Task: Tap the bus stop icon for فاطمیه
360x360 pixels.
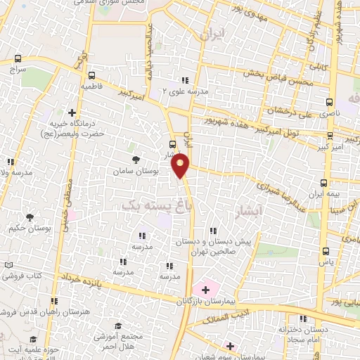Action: click(x=91, y=75)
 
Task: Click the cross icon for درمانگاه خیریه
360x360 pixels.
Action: click(x=72, y=112)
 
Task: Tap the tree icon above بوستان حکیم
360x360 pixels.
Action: click(x=30, y=217)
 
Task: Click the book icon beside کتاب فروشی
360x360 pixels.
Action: click(x=8, y=265)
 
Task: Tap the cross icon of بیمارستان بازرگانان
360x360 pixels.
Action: click(x=205, y=289)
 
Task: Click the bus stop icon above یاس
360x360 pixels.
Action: click(x=325, y=250)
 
